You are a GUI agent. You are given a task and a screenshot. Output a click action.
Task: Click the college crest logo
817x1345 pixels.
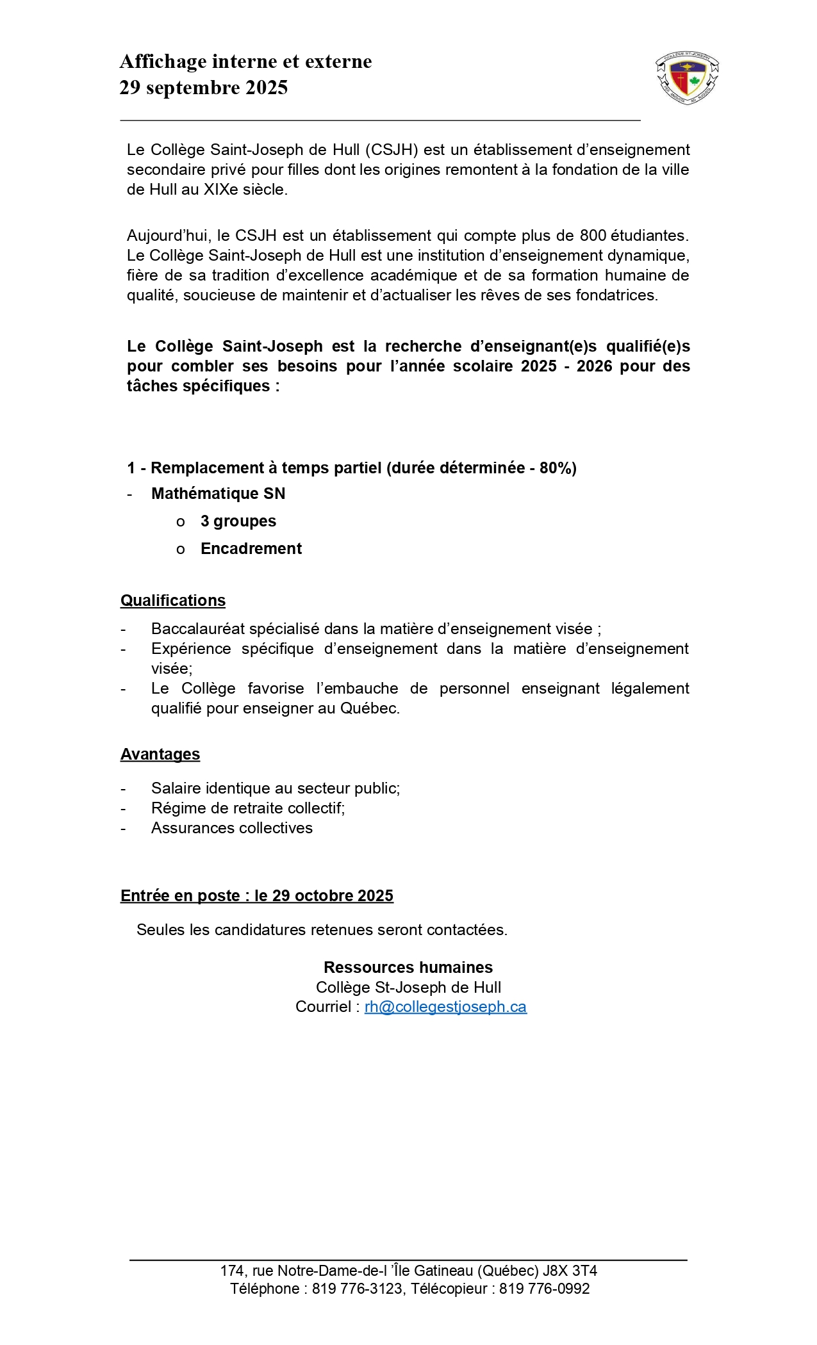pyautogui.click(x=687, y=79)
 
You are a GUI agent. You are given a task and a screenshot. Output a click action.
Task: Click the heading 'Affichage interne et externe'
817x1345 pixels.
pyautogui.click(x=245, y=61)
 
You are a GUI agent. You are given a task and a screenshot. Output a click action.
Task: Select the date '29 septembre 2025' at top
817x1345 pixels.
pyautogui.click(x=204, y=88)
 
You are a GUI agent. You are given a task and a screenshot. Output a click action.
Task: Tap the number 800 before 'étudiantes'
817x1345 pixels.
pyautogui.click(x=593, y=235)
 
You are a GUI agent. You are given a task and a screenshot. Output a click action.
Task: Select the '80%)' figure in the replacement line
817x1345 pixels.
pyautogui.click(x=557, y=468)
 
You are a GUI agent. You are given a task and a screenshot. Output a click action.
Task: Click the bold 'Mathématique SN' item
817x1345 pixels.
pyautogui.click(x=218, y=494)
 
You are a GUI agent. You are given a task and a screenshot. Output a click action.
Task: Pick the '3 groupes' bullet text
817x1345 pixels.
pyautogui.click(x=238, y=521)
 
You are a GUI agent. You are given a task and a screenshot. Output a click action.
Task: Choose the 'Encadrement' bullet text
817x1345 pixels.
pyautogui.click(x=251, y=549)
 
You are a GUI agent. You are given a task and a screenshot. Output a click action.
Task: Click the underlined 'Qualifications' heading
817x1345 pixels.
pyautogui.click(x=173, y=601)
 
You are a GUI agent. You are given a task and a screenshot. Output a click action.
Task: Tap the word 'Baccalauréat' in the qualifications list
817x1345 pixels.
pyautogui.click(x=197, y=629)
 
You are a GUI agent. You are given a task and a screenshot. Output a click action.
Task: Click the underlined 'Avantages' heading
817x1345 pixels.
pyautogui.click(x=160, y=754)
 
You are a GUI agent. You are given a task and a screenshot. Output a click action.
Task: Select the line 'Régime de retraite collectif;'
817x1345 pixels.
pyautogui.click(x=248, y=808)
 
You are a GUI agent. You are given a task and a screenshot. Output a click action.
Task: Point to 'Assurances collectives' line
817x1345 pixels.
pyautogui.click(x=232, y=828)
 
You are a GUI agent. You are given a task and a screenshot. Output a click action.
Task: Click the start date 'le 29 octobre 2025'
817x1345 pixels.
pyautogui.click(x=324, y=896)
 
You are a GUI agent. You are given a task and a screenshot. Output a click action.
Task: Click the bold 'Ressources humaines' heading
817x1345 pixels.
pyautogui.click(x=408, y=968)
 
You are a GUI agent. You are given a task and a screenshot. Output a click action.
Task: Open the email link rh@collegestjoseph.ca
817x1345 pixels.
pyautogui.click(x=445, y=1007)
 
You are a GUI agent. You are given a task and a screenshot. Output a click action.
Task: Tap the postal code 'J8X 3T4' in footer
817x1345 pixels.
pyautogui.click(x=570, y=1271)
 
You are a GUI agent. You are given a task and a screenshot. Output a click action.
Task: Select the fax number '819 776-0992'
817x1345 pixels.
pyautogui.click(x=544, y=1289)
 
